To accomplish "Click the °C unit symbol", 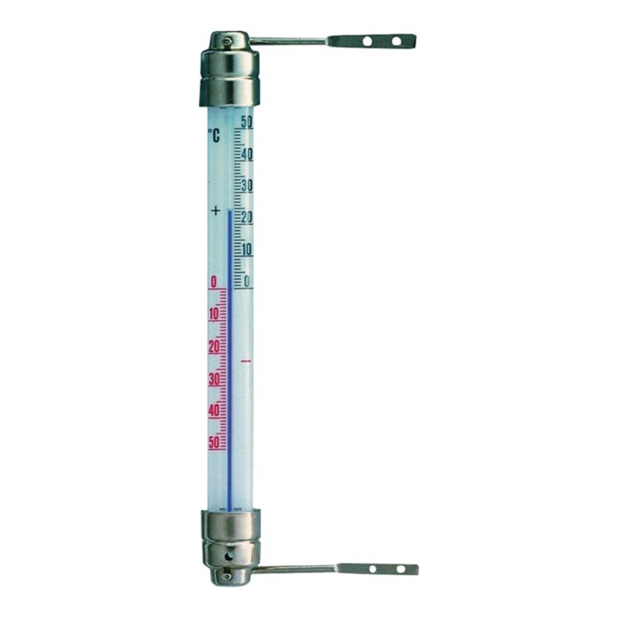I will (214, 136).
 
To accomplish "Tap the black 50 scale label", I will (246, 121).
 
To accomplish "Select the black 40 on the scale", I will (246, 154).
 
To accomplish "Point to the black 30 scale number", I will (247, 185).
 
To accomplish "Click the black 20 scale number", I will (247, 218).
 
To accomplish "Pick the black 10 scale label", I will (247, 250).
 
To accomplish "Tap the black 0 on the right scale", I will (247, 281).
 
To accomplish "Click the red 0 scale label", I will (213, 282).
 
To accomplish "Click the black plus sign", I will (216, 210).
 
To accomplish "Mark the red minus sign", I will (246, 361).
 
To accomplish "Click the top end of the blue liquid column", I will (229, 210).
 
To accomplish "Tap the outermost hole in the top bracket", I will (396, 40).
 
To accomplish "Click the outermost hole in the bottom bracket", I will (400, 569).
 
